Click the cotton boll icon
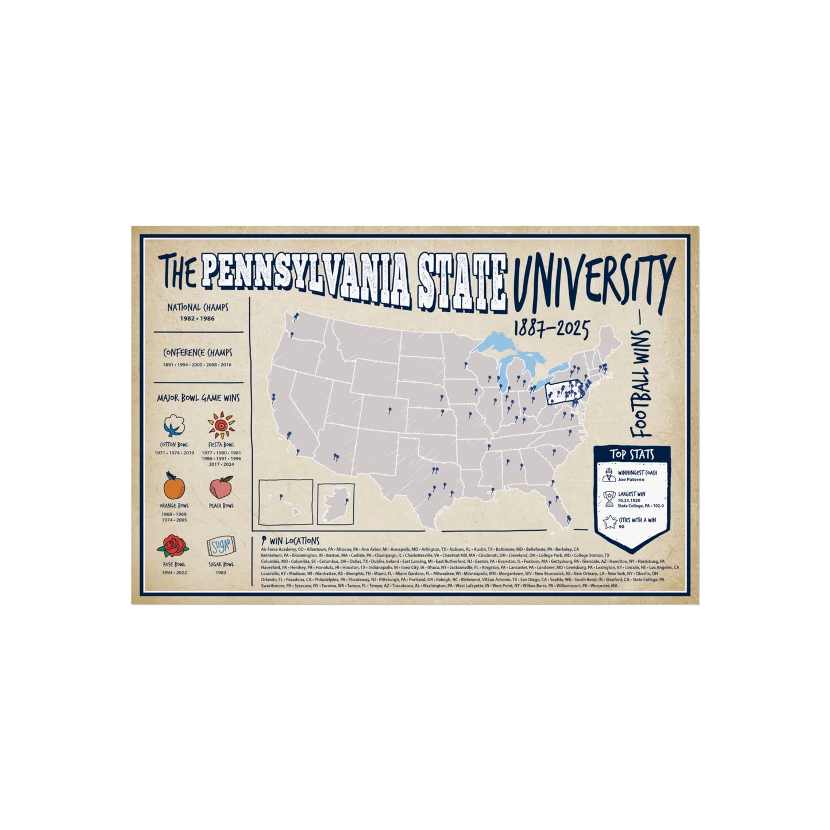pyautogui.click(x=173, y=426)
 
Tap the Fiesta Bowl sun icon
pyautogui.click(x=221, y=426)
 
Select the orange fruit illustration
pyautogui.click(x=173, y=487)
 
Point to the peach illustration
pyautogui.click(x=221, y=488)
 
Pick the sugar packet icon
pyautogui.click(x=221, y=546)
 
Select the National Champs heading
pyautogui.click(x=198, y=307)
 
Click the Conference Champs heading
pyautogui.click(x=198, y=353)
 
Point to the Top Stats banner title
pyautogui.click(x=632, y=454)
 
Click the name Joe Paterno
pyautogui.click(x=631, y=479)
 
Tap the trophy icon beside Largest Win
pyautogui.click(x=609, y=499)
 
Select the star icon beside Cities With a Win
pyautogui.click(x=609, y=522)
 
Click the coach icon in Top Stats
pyautogui.click(x=609, y=475)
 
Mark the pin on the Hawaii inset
pyautogui.click(x=280, y=496)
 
